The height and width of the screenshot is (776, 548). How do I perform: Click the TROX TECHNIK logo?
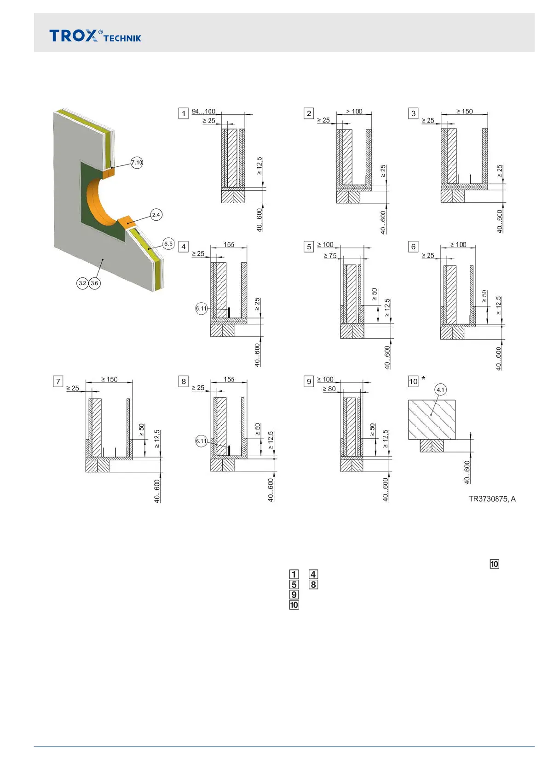pyautogui.click(x=95, y=36)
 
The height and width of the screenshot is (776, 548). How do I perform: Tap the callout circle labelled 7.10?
pyautogui.click(x=137, y=162)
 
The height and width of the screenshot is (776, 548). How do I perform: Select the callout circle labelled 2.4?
pyautogui.click(x=156, y=215)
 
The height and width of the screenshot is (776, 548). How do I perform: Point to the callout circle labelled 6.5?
pyautogui.click(x=168, y=244)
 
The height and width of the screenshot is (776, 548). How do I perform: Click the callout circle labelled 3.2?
pyautogui.click(x=82, y=283)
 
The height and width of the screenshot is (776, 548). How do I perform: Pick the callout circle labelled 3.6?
pyautogui.click(x=94, y=283)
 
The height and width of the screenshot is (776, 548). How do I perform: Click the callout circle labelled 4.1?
pyautogui.click(x=440, y=390)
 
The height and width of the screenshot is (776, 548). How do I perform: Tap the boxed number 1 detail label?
pyautogui.click(x=184, y=113)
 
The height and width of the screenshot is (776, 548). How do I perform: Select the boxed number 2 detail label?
pyautogui.click(x=309, y=113)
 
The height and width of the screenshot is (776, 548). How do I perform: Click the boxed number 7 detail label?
pyautogui.click(x=58, y=382)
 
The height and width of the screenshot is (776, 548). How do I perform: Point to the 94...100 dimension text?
pyautogui.click(x=203, y=112)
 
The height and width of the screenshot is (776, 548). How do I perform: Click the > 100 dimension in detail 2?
pyautogui.click(x=354, y=112)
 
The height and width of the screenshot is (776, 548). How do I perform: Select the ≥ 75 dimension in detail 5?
pyautogui.click(x=330, y=255)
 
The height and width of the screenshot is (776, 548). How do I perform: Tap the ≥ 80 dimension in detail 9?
pyautogui.click(x=329, y=389)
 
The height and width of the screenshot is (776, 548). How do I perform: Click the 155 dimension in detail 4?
pyautogui.click(x=229, y=245)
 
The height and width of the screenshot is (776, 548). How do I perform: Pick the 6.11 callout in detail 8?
pyautogui.click(x=202, y=441)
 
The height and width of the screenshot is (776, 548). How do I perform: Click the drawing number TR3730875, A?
pyautogui.click(x=492, y=499)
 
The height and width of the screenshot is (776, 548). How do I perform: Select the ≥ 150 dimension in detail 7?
pyautogui.click(x=110, y=379)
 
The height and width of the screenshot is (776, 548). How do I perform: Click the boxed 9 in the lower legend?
pyautogui.click(x=294, y=594)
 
